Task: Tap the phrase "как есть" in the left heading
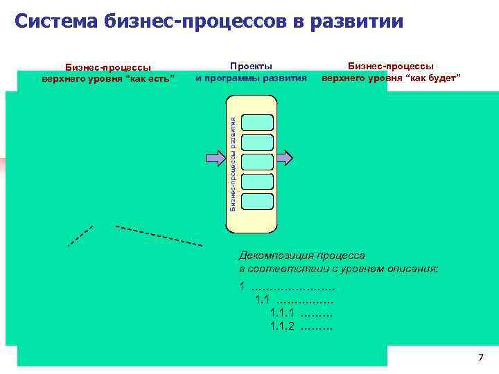(x=153, y=77)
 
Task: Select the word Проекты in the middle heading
(x=251, y=66)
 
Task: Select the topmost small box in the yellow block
(x=259, y=120)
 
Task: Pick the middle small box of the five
(x=259, y=161)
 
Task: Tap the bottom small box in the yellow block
(x=259, y=202)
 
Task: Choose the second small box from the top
(x=259, y=141)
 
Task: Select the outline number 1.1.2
(x=282, y=326)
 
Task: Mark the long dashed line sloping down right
(x=159, y=236)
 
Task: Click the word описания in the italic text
(x=413, y=268)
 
